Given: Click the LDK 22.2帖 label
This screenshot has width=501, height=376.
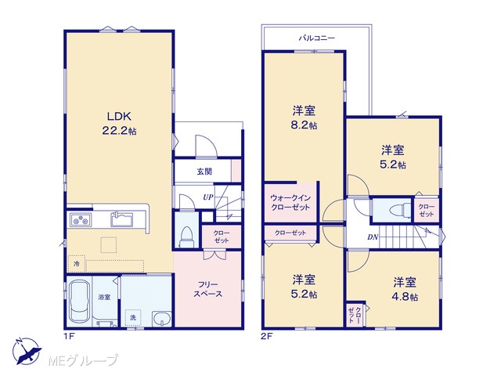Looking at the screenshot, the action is pyautogui.click(x=119, y=124).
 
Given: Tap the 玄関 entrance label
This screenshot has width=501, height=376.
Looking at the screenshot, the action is pyautogui.click(x=204, y=172).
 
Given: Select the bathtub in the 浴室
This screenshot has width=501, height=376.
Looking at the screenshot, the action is pyautogui.click(x=79, y=301).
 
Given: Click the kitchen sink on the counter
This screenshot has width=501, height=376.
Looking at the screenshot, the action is pyautogui.click(x=122, y=219).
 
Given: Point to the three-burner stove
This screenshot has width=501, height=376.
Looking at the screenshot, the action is pyautogui.click(x=81, y=219).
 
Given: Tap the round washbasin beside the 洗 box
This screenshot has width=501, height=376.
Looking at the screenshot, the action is pyautogui.click(x=162, y=319).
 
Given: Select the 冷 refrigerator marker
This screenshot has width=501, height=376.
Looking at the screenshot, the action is pyautogui.click(x=77, y=264).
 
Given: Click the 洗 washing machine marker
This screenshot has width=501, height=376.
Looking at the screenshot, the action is pyautogui.click(x=133, y=317).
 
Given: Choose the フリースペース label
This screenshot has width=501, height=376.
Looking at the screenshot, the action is pyautogui.click(x=208, y=289).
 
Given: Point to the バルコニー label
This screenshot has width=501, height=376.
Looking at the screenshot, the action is pyautogui.click(x=317, y=38).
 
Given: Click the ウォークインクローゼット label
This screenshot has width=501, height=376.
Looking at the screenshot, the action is pyautogui.click(x=290, y=202).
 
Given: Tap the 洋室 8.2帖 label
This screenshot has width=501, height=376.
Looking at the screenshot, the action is pyautogui.click(x=304, y=117).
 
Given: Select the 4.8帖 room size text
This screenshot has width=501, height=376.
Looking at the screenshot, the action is pyautogui.click(x=405, y=297).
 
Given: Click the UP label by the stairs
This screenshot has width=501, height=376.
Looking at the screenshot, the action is pyautogui.click(x=208, y=197).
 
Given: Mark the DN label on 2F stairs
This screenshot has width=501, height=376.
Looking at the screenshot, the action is pyautogui.click(x=373, y=237).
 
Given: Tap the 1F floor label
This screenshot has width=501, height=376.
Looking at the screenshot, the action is pyautogui.click(x=70, y=336).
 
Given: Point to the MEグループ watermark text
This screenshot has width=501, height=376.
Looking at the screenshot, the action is pyautogui.click(x=83, y=360).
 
